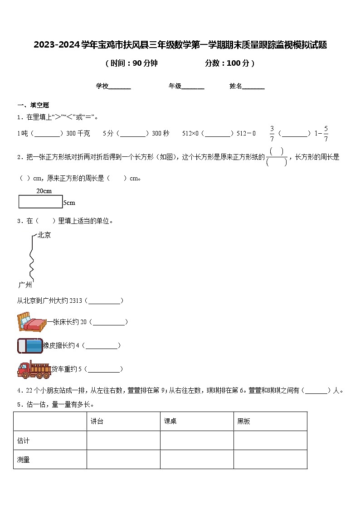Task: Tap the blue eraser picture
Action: coord(30,345)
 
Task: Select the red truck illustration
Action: coord(34,369)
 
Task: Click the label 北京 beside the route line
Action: coord(44,235)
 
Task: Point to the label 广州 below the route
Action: coord(25,285)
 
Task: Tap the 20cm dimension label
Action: coord(44,191)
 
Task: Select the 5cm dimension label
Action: coord(69,203)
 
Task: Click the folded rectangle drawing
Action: coord(40,202)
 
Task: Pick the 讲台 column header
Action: coord(97,422)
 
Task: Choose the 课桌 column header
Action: coord(170,422)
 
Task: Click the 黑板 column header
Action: coord(244,422)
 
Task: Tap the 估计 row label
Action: coord(23,441)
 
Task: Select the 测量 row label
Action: coord(23,460)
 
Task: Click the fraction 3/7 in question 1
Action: coord(272,133)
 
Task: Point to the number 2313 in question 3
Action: coord(77,301)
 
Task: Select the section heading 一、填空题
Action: coord(33,105)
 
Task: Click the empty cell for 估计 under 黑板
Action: coord(270,441)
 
